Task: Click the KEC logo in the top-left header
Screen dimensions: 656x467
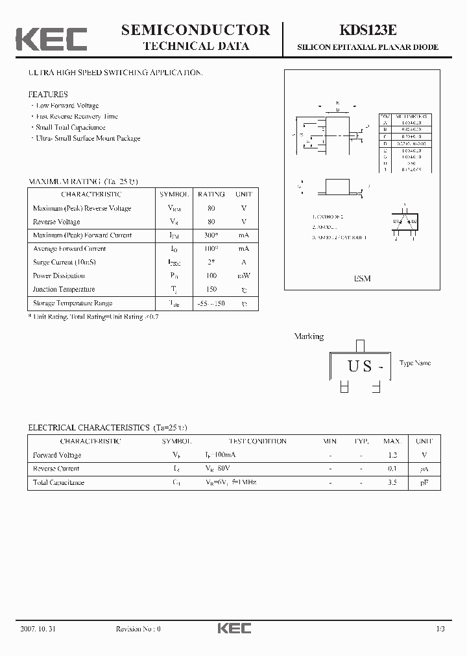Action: (51, 40)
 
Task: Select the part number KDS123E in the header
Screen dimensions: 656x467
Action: (367, 30)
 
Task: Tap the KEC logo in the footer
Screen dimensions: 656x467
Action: (233, 628)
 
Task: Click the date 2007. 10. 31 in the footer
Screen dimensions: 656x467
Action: (38, 629)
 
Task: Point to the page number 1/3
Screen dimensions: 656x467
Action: (440, 629)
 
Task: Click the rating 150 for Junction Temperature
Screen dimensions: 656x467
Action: (211, 289)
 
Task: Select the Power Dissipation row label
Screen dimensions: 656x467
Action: (60, 275)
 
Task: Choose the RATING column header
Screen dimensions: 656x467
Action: (211, 194)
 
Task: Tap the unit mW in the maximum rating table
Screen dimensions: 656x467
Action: (244, 275)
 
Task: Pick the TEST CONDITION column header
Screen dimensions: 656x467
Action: (257, 441)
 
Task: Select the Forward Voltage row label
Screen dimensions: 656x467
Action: (57, 455)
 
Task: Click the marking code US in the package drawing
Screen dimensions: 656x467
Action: (360, 366)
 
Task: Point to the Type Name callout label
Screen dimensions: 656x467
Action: (415, 363)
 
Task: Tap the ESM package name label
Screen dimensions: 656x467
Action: (362, 278)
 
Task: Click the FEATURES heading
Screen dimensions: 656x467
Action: (48, 95)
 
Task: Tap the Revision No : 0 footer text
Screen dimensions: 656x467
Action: (138, 629)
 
